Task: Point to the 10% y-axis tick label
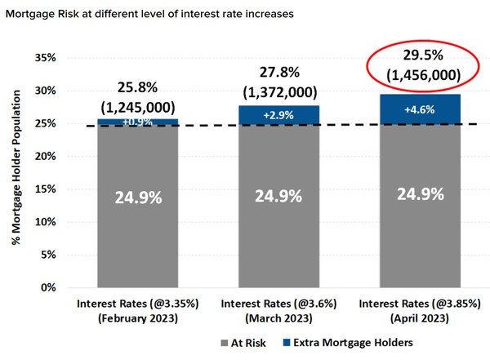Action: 45,222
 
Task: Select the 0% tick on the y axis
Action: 48,288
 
